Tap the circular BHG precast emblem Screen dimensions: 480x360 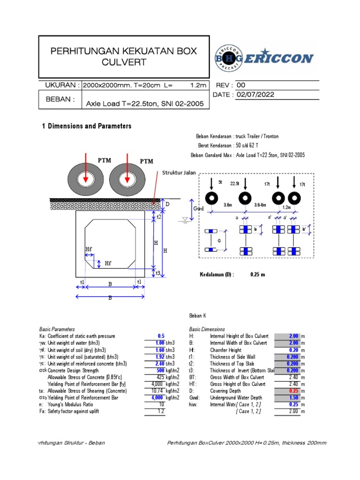(229, 59)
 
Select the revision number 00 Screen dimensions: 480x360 (241, 85)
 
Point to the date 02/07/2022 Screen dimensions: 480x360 (255, 95)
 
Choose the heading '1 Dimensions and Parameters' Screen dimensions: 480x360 (87, 126)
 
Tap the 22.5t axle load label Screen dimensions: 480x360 (235, 184)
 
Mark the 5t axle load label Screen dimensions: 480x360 (220, 181)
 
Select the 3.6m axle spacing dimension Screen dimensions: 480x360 (228, 205)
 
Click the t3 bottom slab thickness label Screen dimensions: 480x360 (158, 272)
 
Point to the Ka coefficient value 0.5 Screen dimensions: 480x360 (161, 336)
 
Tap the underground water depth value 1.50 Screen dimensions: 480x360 (293, 397)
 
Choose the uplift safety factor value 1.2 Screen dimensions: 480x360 (161, 411)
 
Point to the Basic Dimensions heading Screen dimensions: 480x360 (207, 330)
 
